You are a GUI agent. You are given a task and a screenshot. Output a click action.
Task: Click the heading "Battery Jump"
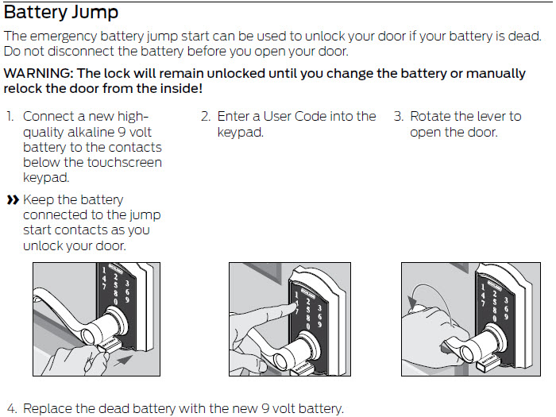[x=61, y=13]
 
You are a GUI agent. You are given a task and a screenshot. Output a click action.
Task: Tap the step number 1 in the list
[x=10, y=116]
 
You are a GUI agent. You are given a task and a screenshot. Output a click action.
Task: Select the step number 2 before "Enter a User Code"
[x=205, y=116]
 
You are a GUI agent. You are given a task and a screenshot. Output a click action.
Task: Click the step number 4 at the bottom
[x=11, y=409]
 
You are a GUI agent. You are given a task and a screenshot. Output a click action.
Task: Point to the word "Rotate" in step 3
[x=431, y=116]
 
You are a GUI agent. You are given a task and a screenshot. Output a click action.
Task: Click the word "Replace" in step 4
[x=48, y=409]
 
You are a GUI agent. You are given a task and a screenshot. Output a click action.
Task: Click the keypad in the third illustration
[x=492, y=298]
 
